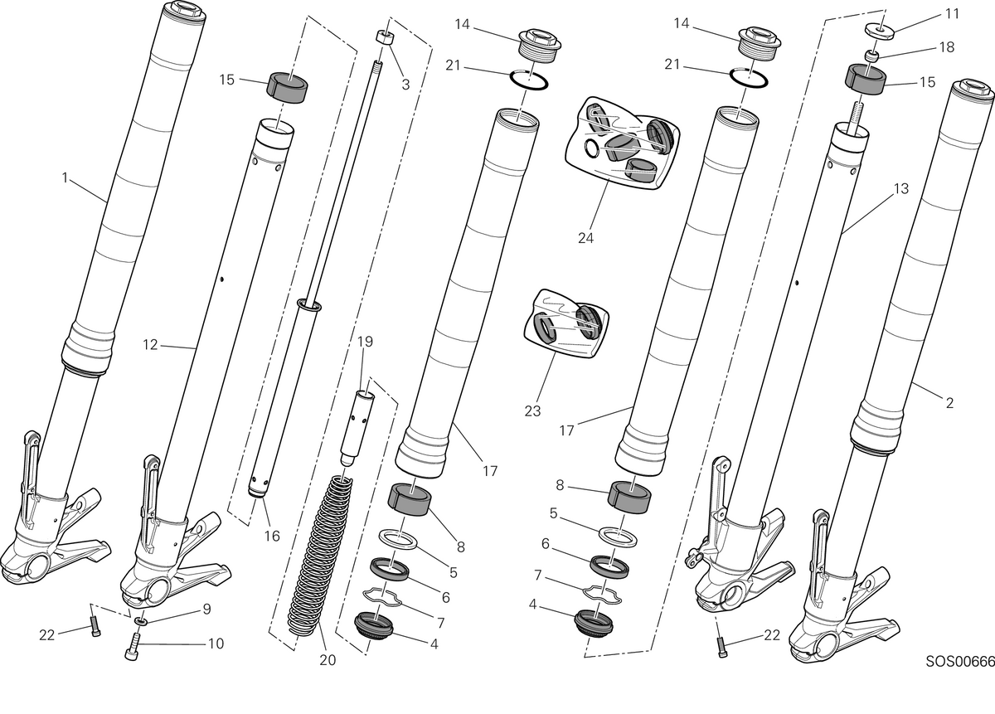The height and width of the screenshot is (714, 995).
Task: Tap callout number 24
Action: point(585,238)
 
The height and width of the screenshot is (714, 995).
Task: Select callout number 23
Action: point(532,411)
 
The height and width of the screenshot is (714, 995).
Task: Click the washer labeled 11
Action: point(879,32)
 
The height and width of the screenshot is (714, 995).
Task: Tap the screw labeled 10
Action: point(133,648)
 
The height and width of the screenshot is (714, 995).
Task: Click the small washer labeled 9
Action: point(141,620)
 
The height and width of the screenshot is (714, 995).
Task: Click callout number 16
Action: point(272,536)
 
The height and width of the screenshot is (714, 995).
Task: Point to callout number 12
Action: point(150,345)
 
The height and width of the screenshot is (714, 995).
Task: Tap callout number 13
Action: point(900,189)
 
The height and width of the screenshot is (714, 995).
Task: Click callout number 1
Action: point(65,177)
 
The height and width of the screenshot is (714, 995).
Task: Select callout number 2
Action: point(949,403)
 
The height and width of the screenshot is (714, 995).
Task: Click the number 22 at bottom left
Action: point(46,635)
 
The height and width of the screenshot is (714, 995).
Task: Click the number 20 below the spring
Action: point(328,660)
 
